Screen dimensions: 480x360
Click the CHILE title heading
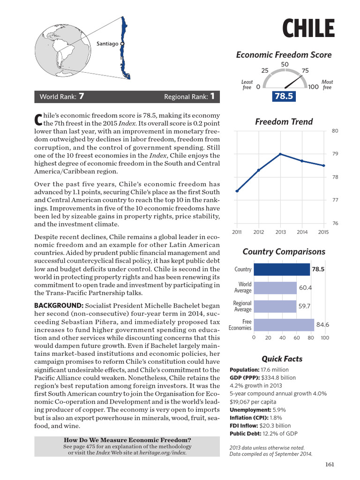[308, 29]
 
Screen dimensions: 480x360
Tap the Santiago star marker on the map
[122, 44]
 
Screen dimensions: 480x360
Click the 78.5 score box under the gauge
[284, 97]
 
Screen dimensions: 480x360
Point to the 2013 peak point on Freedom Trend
[280, 154]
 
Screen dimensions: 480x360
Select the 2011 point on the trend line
[237, 191]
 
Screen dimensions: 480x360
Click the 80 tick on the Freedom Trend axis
[335, 131]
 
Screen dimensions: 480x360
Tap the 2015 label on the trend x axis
[323, 232]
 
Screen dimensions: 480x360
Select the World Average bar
[275, 287]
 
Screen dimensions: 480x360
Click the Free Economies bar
[284, 325]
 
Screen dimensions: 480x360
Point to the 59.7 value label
[305, 306]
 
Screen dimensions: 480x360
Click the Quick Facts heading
[282, 359]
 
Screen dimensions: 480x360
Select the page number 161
[329, 465]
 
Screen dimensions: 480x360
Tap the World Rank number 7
[82, 97]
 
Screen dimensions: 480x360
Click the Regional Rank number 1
[212, 97]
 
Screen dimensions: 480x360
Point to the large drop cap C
[38, 119]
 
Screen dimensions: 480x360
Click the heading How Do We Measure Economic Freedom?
[127, 440]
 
